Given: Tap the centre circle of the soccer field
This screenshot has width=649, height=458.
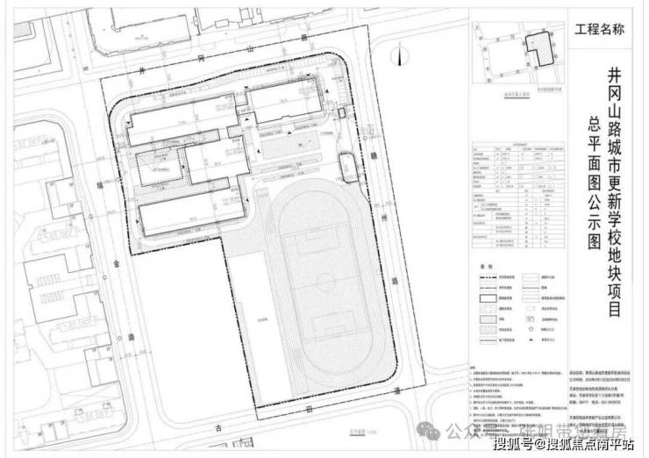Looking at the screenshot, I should pyautogui.click(x=325, y=283).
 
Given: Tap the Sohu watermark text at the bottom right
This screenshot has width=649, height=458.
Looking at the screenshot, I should pyautogui.click(x=566, y=443).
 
